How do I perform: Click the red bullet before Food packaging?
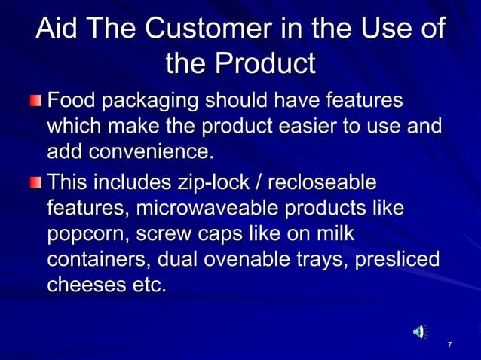(37, 101)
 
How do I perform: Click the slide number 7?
(449, 345)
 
